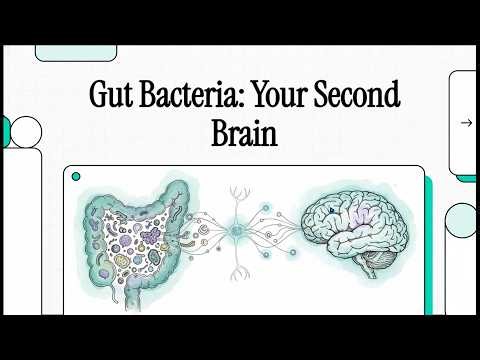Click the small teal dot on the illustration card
point(76,176)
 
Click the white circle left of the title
point(26,132)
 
